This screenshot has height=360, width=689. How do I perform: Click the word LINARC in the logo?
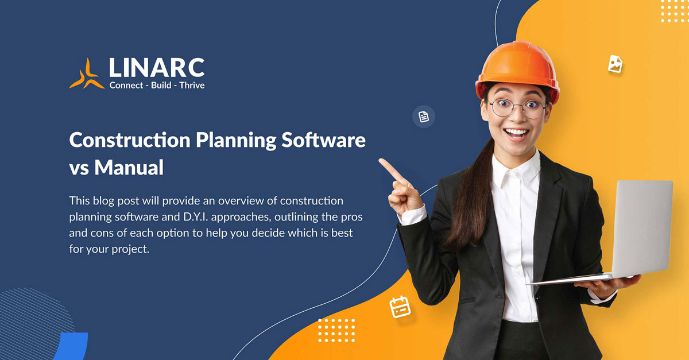(x=157, y=68)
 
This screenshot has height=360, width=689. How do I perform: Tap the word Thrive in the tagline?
(x=192, y=86)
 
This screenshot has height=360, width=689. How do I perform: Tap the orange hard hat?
(x=517, y=67)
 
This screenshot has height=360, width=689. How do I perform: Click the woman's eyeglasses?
(x=517, y=107)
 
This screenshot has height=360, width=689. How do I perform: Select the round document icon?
(x=424, y=117)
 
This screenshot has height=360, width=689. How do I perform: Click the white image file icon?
(x=615, y=63)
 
